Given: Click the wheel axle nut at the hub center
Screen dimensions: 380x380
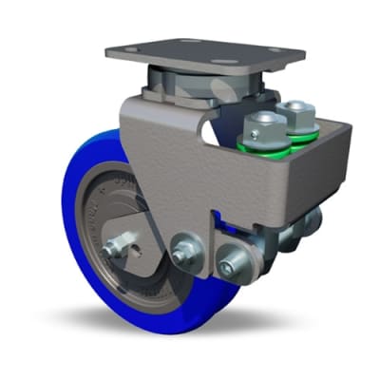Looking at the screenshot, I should [118, 248].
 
